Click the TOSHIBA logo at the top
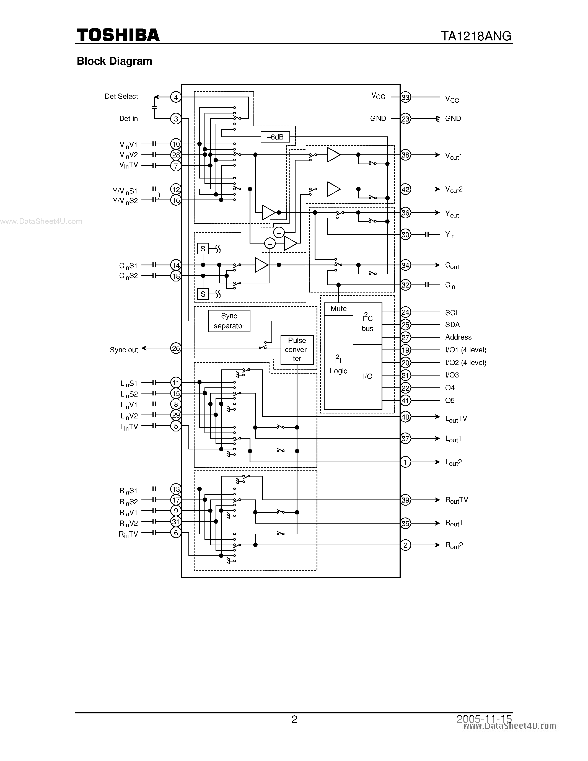pos(118,35)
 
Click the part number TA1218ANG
pos(476,36)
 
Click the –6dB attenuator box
pos(275,137)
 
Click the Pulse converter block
pos(297,350)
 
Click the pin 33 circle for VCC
pos(405,97)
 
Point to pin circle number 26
pos(176,348)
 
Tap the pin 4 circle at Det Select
pos(176,97)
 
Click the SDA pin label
pos(452,324)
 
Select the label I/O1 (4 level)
pos(465,350)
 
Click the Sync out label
pos(124,350)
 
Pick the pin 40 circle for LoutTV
pos(405,417)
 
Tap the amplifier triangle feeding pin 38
pos(333,155)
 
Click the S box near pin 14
pos(203,249)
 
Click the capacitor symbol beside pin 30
pos(427,234)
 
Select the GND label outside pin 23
pos(453,118)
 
